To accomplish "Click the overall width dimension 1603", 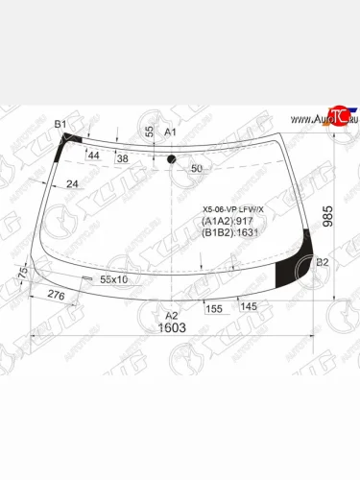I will pyautogui.click(x=173, y=327).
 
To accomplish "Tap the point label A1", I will pyautogui.click(x=171, y=132).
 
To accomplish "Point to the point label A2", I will pyautogui.click(x=173, y=314).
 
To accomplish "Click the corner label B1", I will pyautogui.click(x=60, y=125).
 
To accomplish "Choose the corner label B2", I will pyautogui.click(x=323, y=262).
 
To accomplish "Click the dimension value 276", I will pyautogui.click(x=57, y=298).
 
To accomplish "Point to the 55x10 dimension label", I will pyautogui.click(x=114, y=279).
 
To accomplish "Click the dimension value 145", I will pyautogui.click(x=248, y=306).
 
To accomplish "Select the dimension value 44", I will pyautogui.click(x=94, y=155).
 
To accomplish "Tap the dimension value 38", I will pyautogui.click(x=122, y=157).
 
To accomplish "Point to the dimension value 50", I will pyautogui.click(x=197, y=168).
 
